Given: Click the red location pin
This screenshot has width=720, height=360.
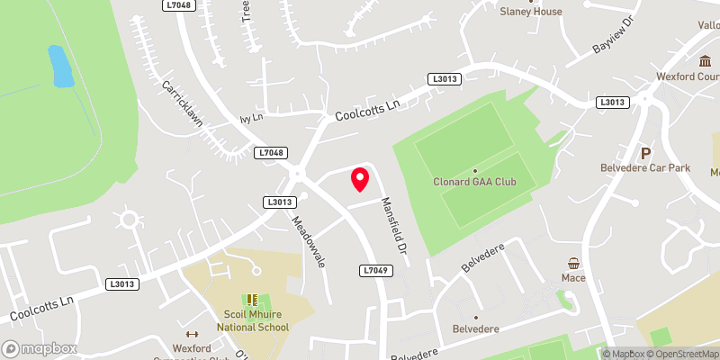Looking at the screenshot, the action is click(x=359, y=179).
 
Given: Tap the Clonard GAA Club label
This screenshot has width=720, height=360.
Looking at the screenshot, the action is click(x=474, y=181).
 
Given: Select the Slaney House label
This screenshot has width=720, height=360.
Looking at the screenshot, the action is click(x=531, y=12).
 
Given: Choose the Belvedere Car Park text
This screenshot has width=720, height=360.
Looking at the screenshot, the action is click(x=645, y=167).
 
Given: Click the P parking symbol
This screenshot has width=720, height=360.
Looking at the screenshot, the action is click(x=645, y=153).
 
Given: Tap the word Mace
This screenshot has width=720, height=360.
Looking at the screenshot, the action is click(x=573, y=277).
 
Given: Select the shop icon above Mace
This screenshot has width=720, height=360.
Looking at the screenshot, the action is click(x=573, y=263).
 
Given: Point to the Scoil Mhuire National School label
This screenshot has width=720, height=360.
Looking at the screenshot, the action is click(x=246, y=320).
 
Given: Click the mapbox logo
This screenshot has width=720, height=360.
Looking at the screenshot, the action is click(x=39, y=348).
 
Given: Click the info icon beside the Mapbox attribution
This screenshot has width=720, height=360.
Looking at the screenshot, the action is click(x=607, y=354).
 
